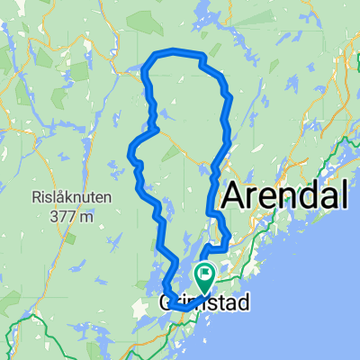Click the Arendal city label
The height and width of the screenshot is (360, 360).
(x=284, y=194)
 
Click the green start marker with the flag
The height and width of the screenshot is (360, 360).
(x=204, y=278)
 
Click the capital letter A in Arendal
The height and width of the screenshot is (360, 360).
(x=232, y=194)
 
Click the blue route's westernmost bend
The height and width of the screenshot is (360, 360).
(x=131, y=148)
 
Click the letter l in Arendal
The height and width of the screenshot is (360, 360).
(x=343, y=193)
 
